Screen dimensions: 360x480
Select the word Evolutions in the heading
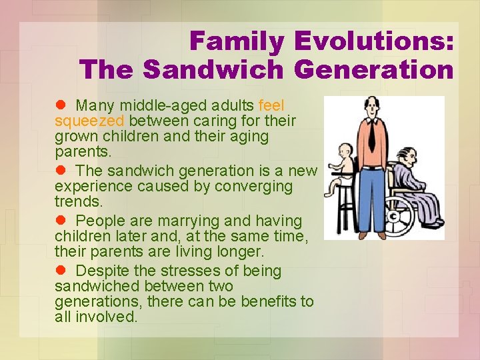(x=374, y=41)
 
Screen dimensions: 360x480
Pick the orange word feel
(x=271, y=105)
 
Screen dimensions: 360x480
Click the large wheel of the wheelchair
(x=398, y=217)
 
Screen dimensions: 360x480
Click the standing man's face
(x=370, y=107)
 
